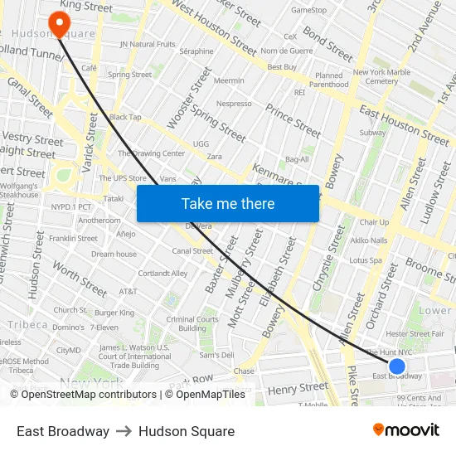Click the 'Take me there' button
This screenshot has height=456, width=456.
[x=228, y=204]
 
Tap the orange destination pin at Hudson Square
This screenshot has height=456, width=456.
[x=59, y=23]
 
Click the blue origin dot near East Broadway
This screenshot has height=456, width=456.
[x=397, y=366]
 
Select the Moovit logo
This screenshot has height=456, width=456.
[x=405, y=430]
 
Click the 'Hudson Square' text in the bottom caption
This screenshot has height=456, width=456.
[x=187, y=431]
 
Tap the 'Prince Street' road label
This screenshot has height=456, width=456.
[x=293, y=120]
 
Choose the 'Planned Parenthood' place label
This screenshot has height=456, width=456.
[x=332, y=80]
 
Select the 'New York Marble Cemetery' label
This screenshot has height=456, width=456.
[x=381, y=77]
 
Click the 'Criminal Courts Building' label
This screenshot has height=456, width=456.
[x=192, y=323]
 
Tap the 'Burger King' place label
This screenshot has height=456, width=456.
[x=114, y=313]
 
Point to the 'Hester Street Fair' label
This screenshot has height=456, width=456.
[x=415, y=333]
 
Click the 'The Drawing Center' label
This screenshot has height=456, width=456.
[x=151, y=153]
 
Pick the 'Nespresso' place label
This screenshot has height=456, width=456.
[x=234, y=104]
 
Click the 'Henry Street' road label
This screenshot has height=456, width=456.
[x=298, y=388]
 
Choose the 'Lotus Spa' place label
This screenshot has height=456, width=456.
[x=365, y=260]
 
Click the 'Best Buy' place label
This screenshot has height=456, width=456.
[x=284, y=66]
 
